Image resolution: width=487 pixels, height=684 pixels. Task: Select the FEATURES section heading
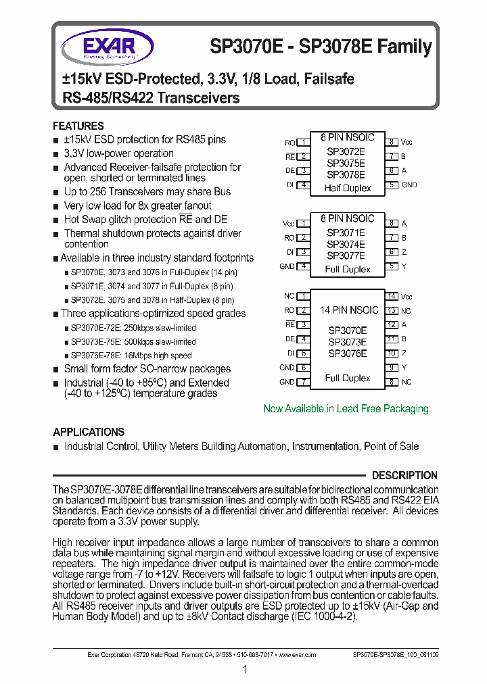(78, 126)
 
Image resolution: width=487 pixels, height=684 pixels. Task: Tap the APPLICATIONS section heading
(89, 432)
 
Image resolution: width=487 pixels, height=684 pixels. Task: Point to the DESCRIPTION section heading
(404, 475)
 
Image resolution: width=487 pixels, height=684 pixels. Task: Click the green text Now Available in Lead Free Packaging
(346, 409)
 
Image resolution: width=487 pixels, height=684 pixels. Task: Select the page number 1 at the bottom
(244, 669)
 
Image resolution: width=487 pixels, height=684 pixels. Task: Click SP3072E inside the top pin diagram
(346, 152)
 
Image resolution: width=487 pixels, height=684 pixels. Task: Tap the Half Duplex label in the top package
(348, 188)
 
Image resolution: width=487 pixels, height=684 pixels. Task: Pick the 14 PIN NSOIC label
(348, 310)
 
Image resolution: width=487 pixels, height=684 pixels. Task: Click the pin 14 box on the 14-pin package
(392, 297)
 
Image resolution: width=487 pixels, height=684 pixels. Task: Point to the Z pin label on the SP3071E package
(404, 252)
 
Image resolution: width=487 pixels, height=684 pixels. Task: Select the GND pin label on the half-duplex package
(409, 185)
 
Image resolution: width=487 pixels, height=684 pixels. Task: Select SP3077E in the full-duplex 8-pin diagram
(346, 255)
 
